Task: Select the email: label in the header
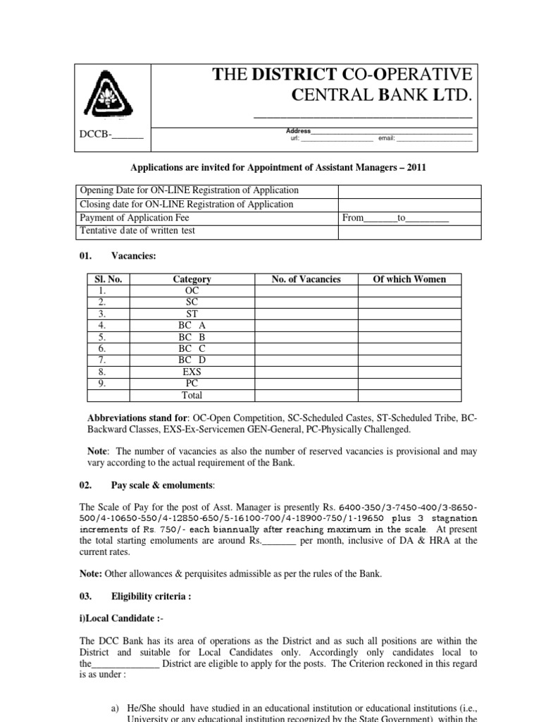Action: point(387,139)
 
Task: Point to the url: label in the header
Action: point(295,139)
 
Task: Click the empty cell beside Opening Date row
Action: point(410,190)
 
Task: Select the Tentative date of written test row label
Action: point(138,231)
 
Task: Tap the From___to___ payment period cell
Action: point(394,218)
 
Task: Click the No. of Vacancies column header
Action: point(306,279)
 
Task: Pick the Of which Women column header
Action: point(409,279)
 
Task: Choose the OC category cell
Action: point(192,290)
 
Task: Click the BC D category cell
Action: point(192,360)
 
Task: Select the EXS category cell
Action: point(192,372)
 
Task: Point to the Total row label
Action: point(192,396)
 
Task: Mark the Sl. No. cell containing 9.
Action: point(103,383)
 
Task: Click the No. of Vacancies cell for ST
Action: point(306,314)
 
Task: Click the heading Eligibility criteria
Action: point(151,596)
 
